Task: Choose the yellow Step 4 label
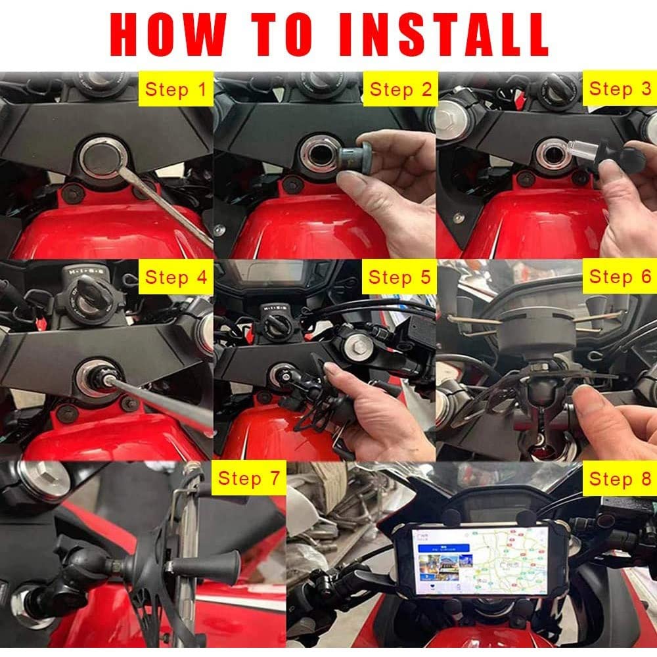point(175,277)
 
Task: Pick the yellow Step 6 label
point(619,277)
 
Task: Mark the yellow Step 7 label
point(249,478)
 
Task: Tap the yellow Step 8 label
point(619,478)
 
